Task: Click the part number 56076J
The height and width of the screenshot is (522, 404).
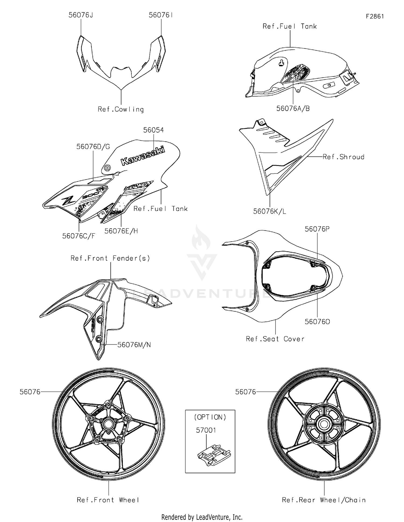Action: [81, 15]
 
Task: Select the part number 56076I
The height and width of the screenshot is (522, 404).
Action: [161, 15]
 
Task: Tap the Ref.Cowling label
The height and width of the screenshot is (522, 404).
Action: [121, 109]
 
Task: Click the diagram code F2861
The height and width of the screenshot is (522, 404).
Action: [375, 16]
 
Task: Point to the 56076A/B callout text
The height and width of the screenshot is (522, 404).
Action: [293, 109]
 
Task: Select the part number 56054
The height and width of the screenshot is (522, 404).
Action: [153, 130]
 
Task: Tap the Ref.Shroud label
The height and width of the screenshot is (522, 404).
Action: [343, 157]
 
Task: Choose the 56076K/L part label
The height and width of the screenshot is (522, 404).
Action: [270, 211]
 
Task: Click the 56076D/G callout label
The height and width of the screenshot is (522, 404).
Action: [93, 147]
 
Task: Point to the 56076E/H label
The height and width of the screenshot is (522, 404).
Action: [121, 231]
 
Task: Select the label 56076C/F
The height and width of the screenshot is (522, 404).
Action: [79, 236]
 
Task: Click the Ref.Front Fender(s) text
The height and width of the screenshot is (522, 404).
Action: [110, 258]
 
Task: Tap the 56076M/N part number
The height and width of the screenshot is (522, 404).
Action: [134, 344]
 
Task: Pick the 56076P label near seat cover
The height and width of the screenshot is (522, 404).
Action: [317, 229]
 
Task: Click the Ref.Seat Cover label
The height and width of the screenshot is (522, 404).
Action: [275, 339]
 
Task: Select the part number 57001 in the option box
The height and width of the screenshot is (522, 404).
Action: [206, 430]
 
